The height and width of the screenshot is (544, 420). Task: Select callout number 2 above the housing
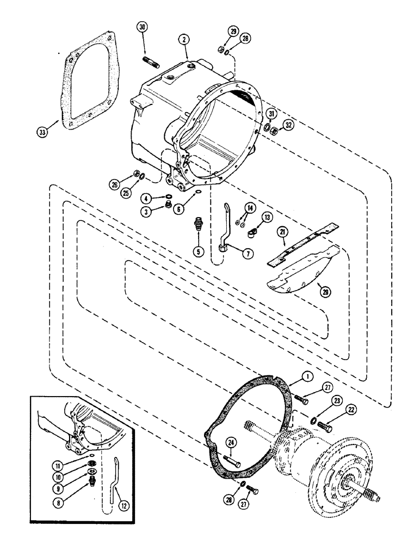pos(185,40)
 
